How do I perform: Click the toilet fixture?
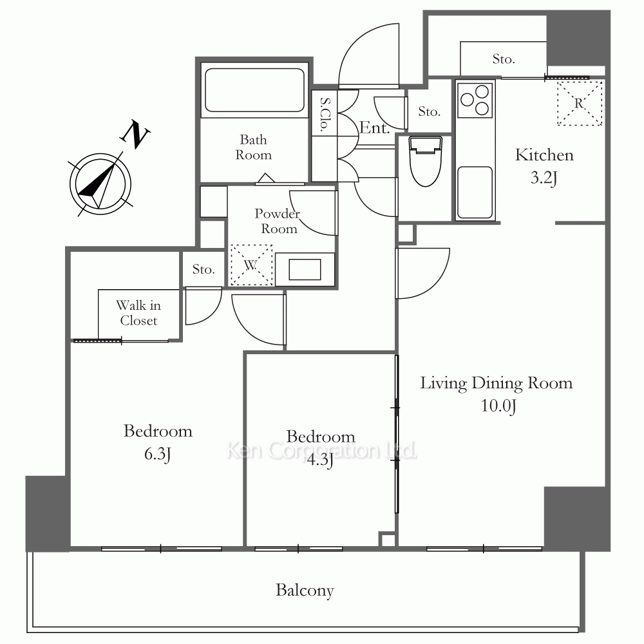tap(426, 161)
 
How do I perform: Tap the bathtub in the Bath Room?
tap(254, 90)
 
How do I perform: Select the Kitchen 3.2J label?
tap(544, 166)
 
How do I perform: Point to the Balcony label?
tap(305, 590)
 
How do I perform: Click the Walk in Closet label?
tap(138, 313)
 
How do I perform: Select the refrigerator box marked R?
tap(579, 102)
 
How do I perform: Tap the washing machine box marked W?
tap(251, 265)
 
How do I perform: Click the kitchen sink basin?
tap(475, 192)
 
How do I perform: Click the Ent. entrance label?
tap(375, 128)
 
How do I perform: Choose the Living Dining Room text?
tap(496, 383)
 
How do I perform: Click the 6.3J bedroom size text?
tap(158, 454)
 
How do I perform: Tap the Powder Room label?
tap(277, 221)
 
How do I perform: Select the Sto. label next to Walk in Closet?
tap(204, 269)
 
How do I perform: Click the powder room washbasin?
tap(305, 269)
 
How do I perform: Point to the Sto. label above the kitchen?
tap(504, 59)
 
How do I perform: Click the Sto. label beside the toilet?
tap(430, 111)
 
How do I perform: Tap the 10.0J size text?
tap(498, 406)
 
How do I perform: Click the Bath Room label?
tap(253, 147)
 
